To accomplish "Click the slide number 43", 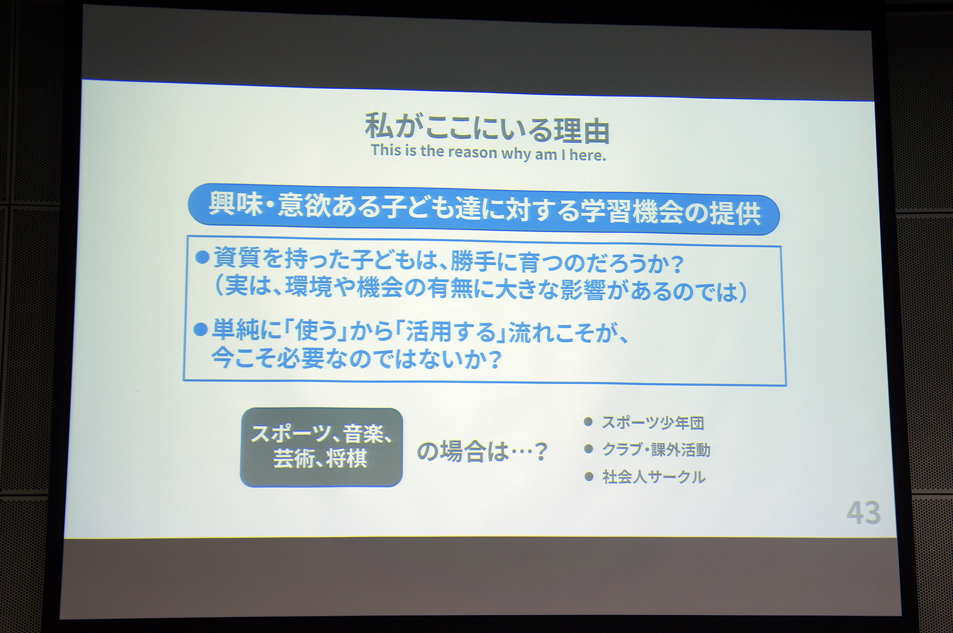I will (863, 512).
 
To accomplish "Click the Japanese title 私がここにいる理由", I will (487, 129).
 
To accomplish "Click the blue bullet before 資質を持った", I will (203, 257).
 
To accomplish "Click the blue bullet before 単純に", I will (201, 329).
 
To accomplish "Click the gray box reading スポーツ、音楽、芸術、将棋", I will (321, 447).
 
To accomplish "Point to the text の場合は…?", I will (482, 451).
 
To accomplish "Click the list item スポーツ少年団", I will (653, 423).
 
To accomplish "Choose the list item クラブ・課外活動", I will (656, 450).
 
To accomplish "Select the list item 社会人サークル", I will (653, 477).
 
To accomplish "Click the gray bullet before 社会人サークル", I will (589, 476).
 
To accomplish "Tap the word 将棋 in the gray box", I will (347, 459).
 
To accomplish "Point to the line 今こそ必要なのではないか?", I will (356, 358).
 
